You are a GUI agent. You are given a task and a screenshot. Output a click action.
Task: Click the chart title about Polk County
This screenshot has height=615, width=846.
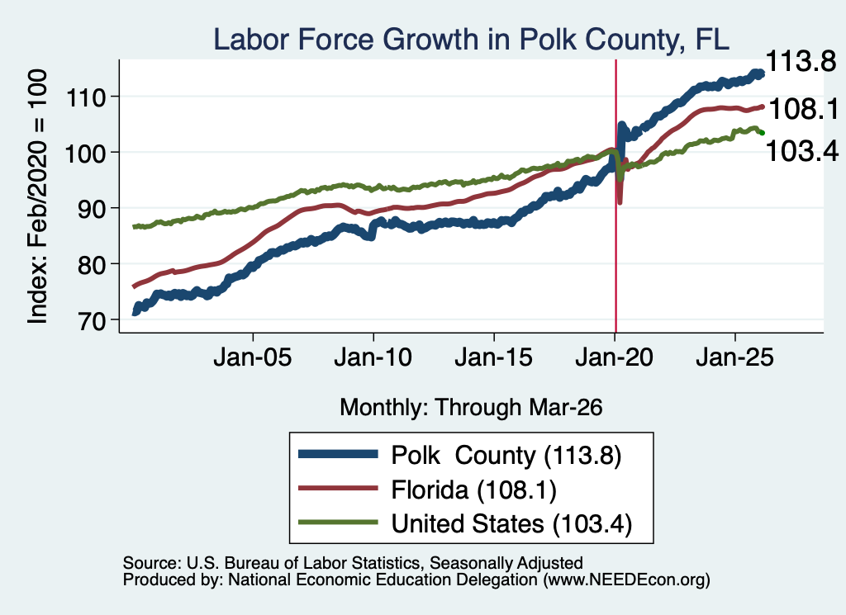tap(471, 40)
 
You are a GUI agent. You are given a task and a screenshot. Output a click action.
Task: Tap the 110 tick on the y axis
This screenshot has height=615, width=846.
tap(85, 98)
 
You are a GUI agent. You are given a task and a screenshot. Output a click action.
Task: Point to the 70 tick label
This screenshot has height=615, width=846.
tap(91, 320)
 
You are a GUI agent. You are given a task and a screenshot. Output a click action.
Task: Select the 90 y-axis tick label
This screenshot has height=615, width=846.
tap(91, 209)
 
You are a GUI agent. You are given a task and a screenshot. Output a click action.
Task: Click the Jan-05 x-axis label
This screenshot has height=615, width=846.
tap(253, 357)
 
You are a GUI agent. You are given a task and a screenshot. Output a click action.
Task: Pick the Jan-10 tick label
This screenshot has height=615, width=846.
tap(373, 357)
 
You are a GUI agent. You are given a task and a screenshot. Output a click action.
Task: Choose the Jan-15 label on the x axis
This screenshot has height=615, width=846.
tap(494, 357)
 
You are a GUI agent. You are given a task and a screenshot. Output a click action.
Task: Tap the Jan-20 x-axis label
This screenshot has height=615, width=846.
tap(614, 357)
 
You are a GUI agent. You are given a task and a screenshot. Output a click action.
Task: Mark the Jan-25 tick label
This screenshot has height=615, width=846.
tap(734, 357)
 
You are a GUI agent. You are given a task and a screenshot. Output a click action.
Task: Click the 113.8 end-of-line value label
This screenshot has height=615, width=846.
tap(801, 61)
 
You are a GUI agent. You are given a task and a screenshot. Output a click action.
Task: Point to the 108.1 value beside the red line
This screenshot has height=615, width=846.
tap(804, 110)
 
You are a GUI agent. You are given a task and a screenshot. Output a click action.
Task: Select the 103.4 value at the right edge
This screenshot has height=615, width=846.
tap(802, 151)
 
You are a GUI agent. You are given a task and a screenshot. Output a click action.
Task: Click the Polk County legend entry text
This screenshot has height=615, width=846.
tap(506, 456)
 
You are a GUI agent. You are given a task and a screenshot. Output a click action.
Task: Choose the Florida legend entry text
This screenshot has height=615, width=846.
tap(473, 490)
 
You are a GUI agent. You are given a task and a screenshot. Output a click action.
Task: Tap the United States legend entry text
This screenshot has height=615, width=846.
tap(511, 524)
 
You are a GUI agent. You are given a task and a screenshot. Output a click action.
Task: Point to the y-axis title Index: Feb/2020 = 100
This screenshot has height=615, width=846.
tap(37, 196)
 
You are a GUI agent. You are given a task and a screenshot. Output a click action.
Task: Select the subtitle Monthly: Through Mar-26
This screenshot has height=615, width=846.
tap(471, 408)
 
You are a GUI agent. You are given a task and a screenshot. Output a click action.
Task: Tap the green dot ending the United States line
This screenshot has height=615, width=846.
tap(762, 133)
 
